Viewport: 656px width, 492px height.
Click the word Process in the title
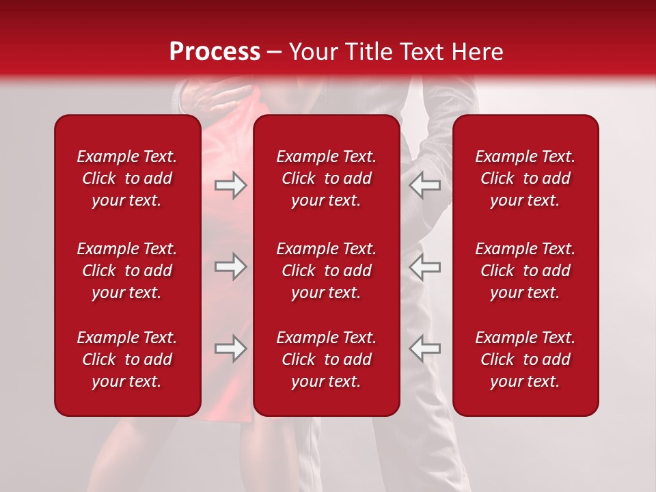(x=215, y=52)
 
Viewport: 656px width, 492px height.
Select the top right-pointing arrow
(x=230, y=185)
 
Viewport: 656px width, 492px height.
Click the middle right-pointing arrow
(x=230, y=266)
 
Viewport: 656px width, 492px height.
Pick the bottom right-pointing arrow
(x=230, y=348)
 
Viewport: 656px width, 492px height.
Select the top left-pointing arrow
(x=425, y=185)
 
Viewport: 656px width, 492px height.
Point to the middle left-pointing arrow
(x=425, y=266)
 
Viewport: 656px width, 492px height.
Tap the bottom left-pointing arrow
(x=425, y=348)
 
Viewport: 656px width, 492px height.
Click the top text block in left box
(x=127, y=178)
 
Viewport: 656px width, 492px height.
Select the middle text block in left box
(x=127, y=271)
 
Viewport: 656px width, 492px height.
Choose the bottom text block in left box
(x=127, y=359)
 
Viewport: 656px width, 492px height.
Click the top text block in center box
(x=327, y=178)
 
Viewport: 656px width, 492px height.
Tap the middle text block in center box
(x=327, y=271)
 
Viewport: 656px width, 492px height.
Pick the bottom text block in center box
(x=327, y=359)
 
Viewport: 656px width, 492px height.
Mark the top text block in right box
(x=525, y=178)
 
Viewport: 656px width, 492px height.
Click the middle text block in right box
(x=525, y=271)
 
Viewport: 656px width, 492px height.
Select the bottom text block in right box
(x=525, y=359)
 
